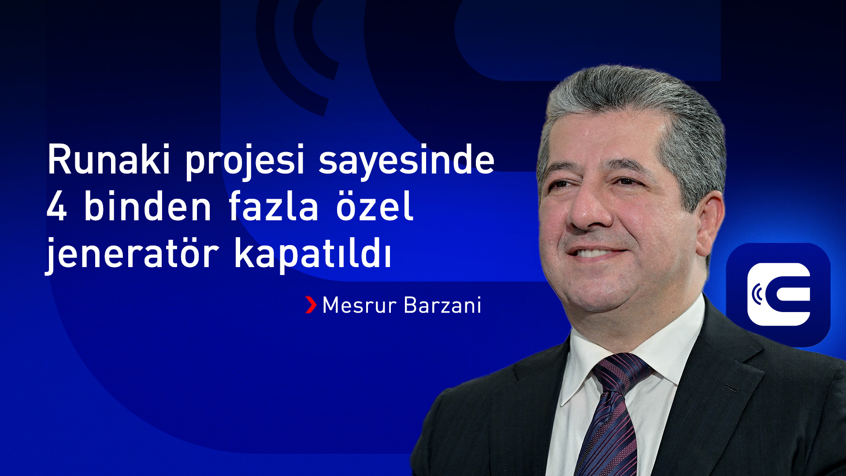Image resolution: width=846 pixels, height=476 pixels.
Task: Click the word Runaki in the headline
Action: click(x=108, y=160)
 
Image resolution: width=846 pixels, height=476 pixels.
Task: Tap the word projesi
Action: click(x=245, y=161)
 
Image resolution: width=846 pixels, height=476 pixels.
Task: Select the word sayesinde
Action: click(x=406, y=161)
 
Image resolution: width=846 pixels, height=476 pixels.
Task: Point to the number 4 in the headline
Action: click(x=56, y=207)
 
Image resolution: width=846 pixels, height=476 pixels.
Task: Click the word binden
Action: click(x=148, y=206)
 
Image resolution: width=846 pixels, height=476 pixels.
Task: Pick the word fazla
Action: click(x=273, y=206)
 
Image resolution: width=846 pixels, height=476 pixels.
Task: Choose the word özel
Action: click(x=375, y=206)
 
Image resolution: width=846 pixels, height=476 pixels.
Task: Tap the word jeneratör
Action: click(x=132, y=255)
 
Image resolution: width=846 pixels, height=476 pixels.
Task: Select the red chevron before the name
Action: click(x=311, y=305)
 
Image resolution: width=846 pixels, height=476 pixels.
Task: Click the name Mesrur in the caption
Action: click(x=359, y=305)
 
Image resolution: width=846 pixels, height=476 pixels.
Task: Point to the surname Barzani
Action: click(x=442, y=305)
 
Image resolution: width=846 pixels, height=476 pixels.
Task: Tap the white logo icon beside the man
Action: click(x=779, y=294)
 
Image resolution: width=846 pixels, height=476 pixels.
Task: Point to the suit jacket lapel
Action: click(x=723, y=379)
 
